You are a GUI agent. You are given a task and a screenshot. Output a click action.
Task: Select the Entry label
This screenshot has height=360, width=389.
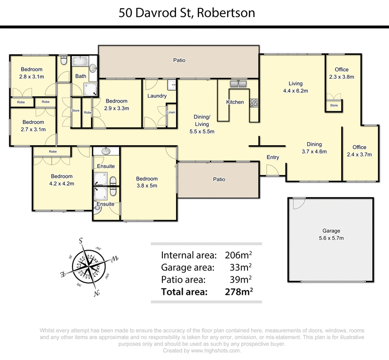tap(273, 157)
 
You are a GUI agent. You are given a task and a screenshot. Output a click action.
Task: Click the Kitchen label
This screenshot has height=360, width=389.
tap(235, 102)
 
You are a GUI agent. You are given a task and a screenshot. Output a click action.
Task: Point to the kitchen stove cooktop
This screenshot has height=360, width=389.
tap(253, 102)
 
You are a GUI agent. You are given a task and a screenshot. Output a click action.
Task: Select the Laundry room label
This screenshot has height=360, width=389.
tap(157, 96)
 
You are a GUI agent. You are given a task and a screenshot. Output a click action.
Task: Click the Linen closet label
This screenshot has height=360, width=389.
tap(171, 113)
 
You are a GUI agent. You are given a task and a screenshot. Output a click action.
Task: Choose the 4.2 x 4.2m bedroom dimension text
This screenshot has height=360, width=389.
tap(62, 184)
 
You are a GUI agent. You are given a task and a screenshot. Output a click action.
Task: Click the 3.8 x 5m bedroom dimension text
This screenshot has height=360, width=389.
tap(147, 186)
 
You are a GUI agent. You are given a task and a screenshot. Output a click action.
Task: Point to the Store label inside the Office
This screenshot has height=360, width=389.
tap(334, 105)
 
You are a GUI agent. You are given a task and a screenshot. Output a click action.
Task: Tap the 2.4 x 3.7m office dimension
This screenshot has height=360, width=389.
tap(359, 154)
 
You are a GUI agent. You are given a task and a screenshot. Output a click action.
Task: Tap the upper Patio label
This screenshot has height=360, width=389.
tap(179, 60)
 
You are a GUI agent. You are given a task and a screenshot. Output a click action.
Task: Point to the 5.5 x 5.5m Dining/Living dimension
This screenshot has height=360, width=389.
tap(202, 131)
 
